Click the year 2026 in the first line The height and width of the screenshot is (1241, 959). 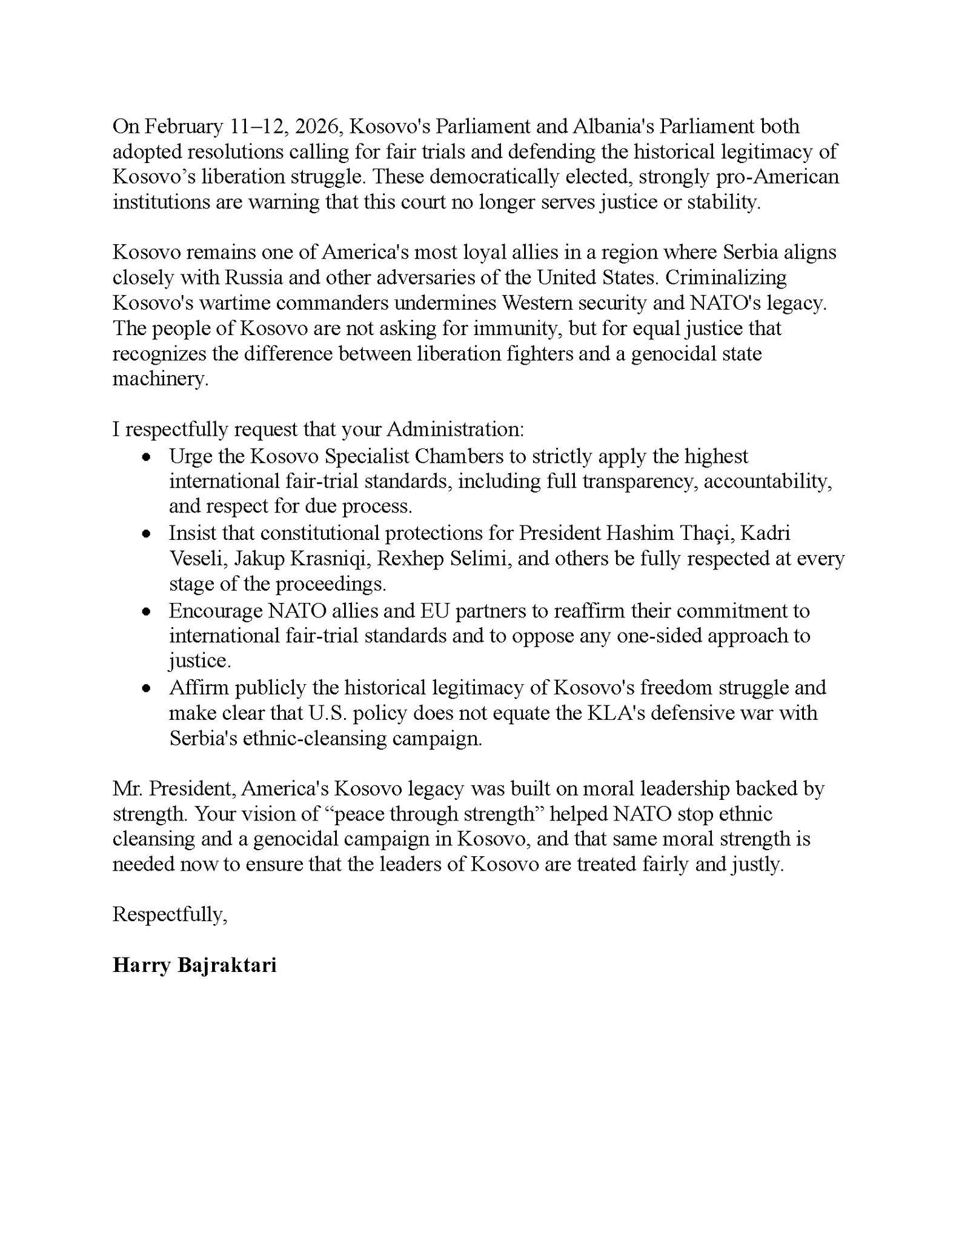coord(319,127)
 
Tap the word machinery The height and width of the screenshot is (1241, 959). coord(160,379)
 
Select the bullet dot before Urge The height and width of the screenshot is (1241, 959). coord(145,456)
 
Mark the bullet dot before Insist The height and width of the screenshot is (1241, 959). coord(145,533)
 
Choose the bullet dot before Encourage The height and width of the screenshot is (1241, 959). coord(145,611)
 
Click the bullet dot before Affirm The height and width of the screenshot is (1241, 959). coord(145,688)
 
